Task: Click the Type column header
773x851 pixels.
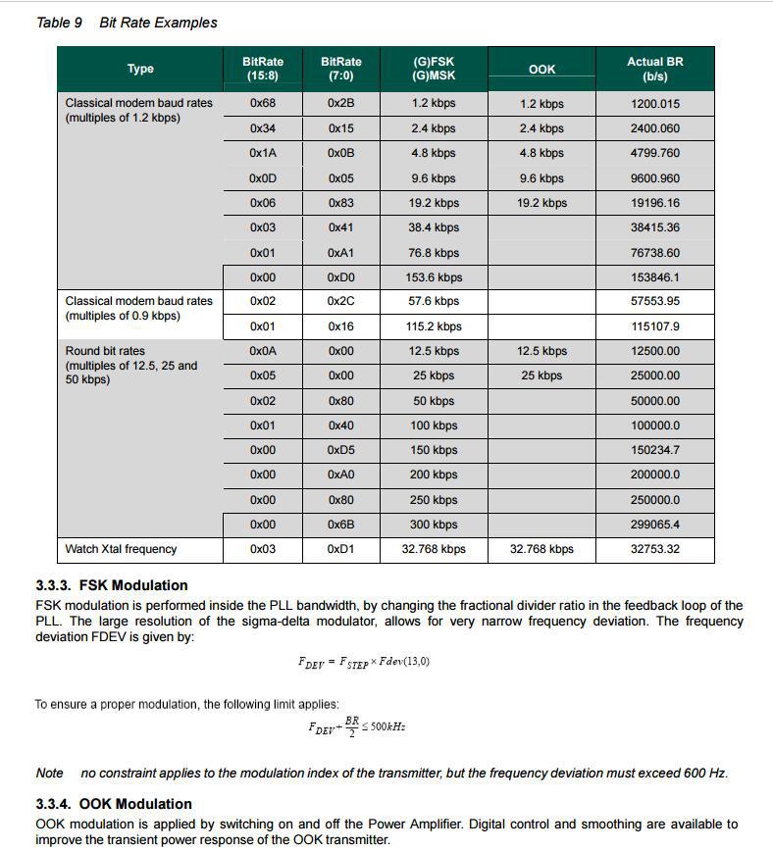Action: coord(140,69)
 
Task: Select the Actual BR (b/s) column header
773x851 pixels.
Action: coord(654,69)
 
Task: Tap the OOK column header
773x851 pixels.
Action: coord(541,70)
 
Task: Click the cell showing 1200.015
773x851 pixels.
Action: coord(654,104)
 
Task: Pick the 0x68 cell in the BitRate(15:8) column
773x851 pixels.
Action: coord(262,104)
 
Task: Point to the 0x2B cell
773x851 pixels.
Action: coord(340,104)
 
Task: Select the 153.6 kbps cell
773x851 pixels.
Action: coord(434,277)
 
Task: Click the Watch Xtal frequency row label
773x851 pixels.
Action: coord(121,549)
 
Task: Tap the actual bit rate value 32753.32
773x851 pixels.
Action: coord(654,549)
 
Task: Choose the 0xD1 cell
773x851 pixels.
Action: coord(340,549)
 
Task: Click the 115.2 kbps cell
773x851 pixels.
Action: coord(434,326)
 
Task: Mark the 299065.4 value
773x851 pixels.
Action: coord(654,525)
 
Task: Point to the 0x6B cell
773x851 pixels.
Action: coord(340,525)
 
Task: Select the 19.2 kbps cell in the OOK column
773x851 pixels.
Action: coord(541,203)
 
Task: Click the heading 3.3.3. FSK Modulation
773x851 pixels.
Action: coord(111,585)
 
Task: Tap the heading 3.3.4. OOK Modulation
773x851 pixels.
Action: coord(114,805)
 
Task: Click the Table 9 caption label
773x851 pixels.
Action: coord(59,23)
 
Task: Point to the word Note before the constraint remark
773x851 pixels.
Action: coord(49,774)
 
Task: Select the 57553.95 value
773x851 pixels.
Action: coord(654,302)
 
